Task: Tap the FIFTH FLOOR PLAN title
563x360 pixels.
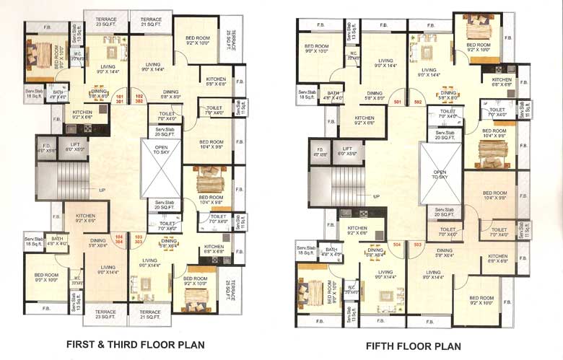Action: pyautogui.click(x=413, y=346)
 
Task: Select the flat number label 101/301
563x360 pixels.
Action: pyautogui.click(x=121, y=99)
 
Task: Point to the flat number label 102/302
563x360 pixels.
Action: pyautogui.click(x=139, y=99)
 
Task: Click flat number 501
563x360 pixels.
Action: pyautogui.click(x=397, y=102)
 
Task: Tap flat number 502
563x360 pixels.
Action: pyautogui.click(x=417, y=102)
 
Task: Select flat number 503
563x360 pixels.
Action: pyautogui.click(x=417, y=245)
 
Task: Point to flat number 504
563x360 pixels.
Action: pyautogui.click(x=396, y=245)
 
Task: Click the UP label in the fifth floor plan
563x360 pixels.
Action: pyautogui.click(x=376, y=196)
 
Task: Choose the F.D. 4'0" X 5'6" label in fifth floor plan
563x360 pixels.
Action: pyautogui.click(x=320, y=152)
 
